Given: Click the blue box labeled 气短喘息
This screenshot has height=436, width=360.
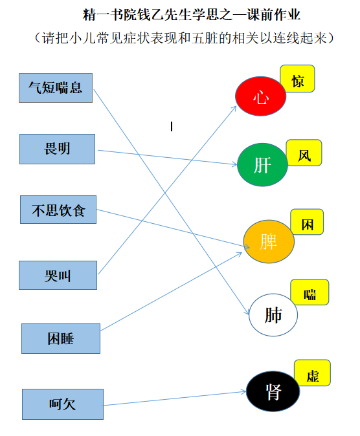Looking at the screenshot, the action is coord(56,88).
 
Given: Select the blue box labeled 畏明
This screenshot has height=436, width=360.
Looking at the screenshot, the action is coord(57,149).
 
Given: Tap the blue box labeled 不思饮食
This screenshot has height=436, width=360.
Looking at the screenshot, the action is coord(58,210).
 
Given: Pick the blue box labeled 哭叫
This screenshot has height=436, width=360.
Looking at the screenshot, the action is coord(58,276).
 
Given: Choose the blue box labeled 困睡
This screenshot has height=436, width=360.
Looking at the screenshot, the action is coord(61,339).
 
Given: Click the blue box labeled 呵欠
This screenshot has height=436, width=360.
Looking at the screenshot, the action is coord(63,404).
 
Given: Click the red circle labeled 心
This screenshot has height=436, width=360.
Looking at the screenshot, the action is coord(260,96).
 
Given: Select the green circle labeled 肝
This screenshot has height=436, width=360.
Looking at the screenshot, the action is coord(262,164).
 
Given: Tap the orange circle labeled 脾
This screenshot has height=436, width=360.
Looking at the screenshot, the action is coord(269,241).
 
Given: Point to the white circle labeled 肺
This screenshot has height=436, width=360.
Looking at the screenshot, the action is coord(273,315).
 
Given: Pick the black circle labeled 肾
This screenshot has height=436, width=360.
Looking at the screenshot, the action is coord(273,391).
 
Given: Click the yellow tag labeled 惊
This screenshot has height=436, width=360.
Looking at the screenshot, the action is coord(297,79).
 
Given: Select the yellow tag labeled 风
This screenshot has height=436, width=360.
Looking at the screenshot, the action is coord(304,153).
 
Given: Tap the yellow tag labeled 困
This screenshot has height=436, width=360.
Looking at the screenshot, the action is coord(307,222).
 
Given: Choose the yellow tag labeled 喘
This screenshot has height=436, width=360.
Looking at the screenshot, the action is coord(309,292).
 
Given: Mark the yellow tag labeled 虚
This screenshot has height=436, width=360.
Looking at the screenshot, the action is coord(312,373).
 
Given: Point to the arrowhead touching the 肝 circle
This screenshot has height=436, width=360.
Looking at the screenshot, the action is coord(234,164).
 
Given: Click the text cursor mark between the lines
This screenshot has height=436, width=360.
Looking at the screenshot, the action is coord(172,127).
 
